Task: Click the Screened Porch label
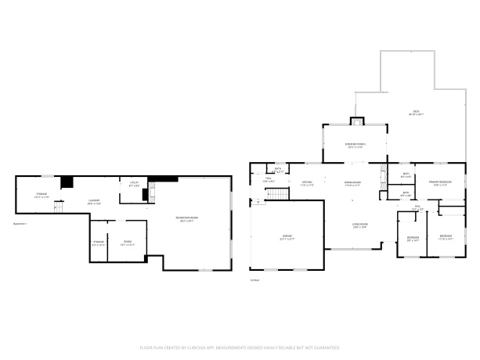tap(354, 146)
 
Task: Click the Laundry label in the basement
tap(93, 202)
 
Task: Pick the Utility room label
tap(135, 184)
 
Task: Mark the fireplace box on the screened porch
tap(356, 121)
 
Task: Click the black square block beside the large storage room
tap(68, 182)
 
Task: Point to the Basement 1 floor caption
tap(20, 225)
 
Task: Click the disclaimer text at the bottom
tap(240, 346)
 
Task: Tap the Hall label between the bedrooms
tap(417, 208)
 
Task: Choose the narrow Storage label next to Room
tap(99, 243)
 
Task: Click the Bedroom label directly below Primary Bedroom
tap(445, 236)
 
